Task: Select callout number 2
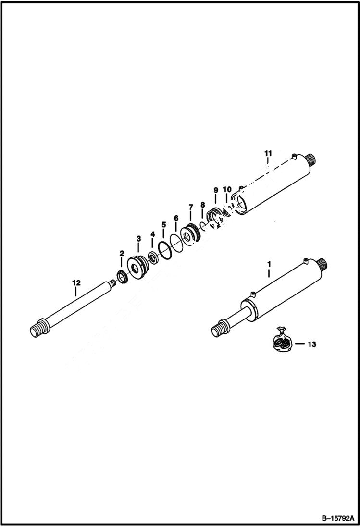point(122,253)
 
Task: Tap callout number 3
point(138,239)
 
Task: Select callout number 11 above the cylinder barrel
point(268,153)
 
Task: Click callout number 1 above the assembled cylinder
point(269,264)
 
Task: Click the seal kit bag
point(281,339)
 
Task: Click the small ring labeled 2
point(122,277)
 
